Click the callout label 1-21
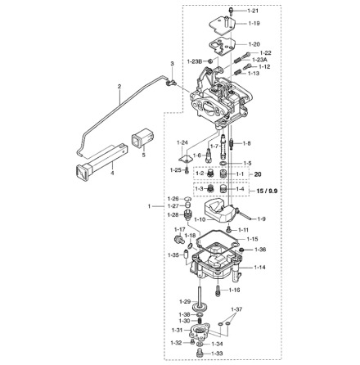[x=253, y=11]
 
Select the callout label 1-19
[x=254, y=24]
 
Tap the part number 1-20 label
[x=254, y=43]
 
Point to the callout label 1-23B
[x=195, y=61]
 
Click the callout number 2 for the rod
[x=119, y=86]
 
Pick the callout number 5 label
[x=143, y=153]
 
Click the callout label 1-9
[x=261, y=219]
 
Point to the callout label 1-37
[x=236, y=310]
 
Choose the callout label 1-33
[x=218, y=353]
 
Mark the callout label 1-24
[x=182, y=142]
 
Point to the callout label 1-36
[x=260, y=250]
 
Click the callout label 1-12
[x=264, y=67]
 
